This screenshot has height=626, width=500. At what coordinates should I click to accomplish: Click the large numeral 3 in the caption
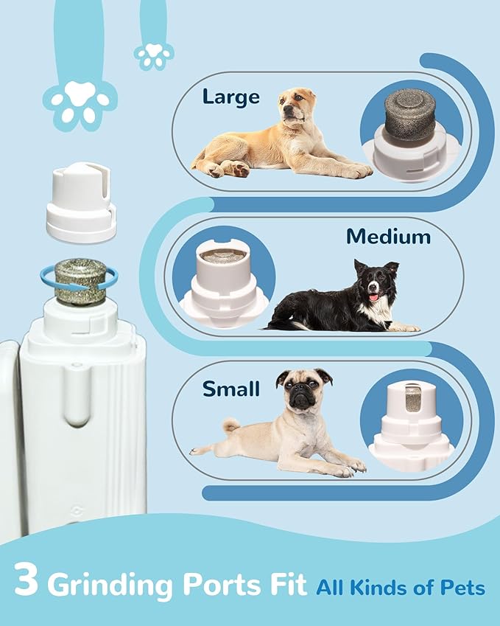[x=27, y=582]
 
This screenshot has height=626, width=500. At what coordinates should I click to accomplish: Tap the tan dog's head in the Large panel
[x=297, y=109]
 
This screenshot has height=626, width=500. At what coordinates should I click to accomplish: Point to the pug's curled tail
[x=230, y=425]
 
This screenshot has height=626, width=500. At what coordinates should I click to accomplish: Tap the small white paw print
[x=154, y=54]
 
